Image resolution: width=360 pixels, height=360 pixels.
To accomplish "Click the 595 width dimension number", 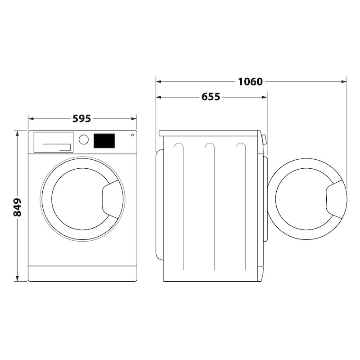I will point(82,119).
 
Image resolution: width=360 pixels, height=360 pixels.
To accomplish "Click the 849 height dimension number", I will point(18,207).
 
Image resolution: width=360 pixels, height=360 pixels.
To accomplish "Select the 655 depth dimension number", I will point(211,97).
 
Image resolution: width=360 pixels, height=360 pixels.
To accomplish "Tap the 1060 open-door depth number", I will point(250,81).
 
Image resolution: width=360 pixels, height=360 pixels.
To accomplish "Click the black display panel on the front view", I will point(104,140).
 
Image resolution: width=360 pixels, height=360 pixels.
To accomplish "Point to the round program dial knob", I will point(84,139).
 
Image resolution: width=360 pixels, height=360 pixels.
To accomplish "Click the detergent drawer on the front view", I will point(53,142).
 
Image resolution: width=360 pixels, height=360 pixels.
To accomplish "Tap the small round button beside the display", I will point(132,135).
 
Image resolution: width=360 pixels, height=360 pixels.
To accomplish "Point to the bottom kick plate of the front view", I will point(82,273).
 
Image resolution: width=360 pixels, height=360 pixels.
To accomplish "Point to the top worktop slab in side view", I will point(209,133).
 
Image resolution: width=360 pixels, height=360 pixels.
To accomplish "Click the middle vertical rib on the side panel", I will point(210,207).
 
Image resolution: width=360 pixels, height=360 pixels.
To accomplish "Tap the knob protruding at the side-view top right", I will point(264,139).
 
